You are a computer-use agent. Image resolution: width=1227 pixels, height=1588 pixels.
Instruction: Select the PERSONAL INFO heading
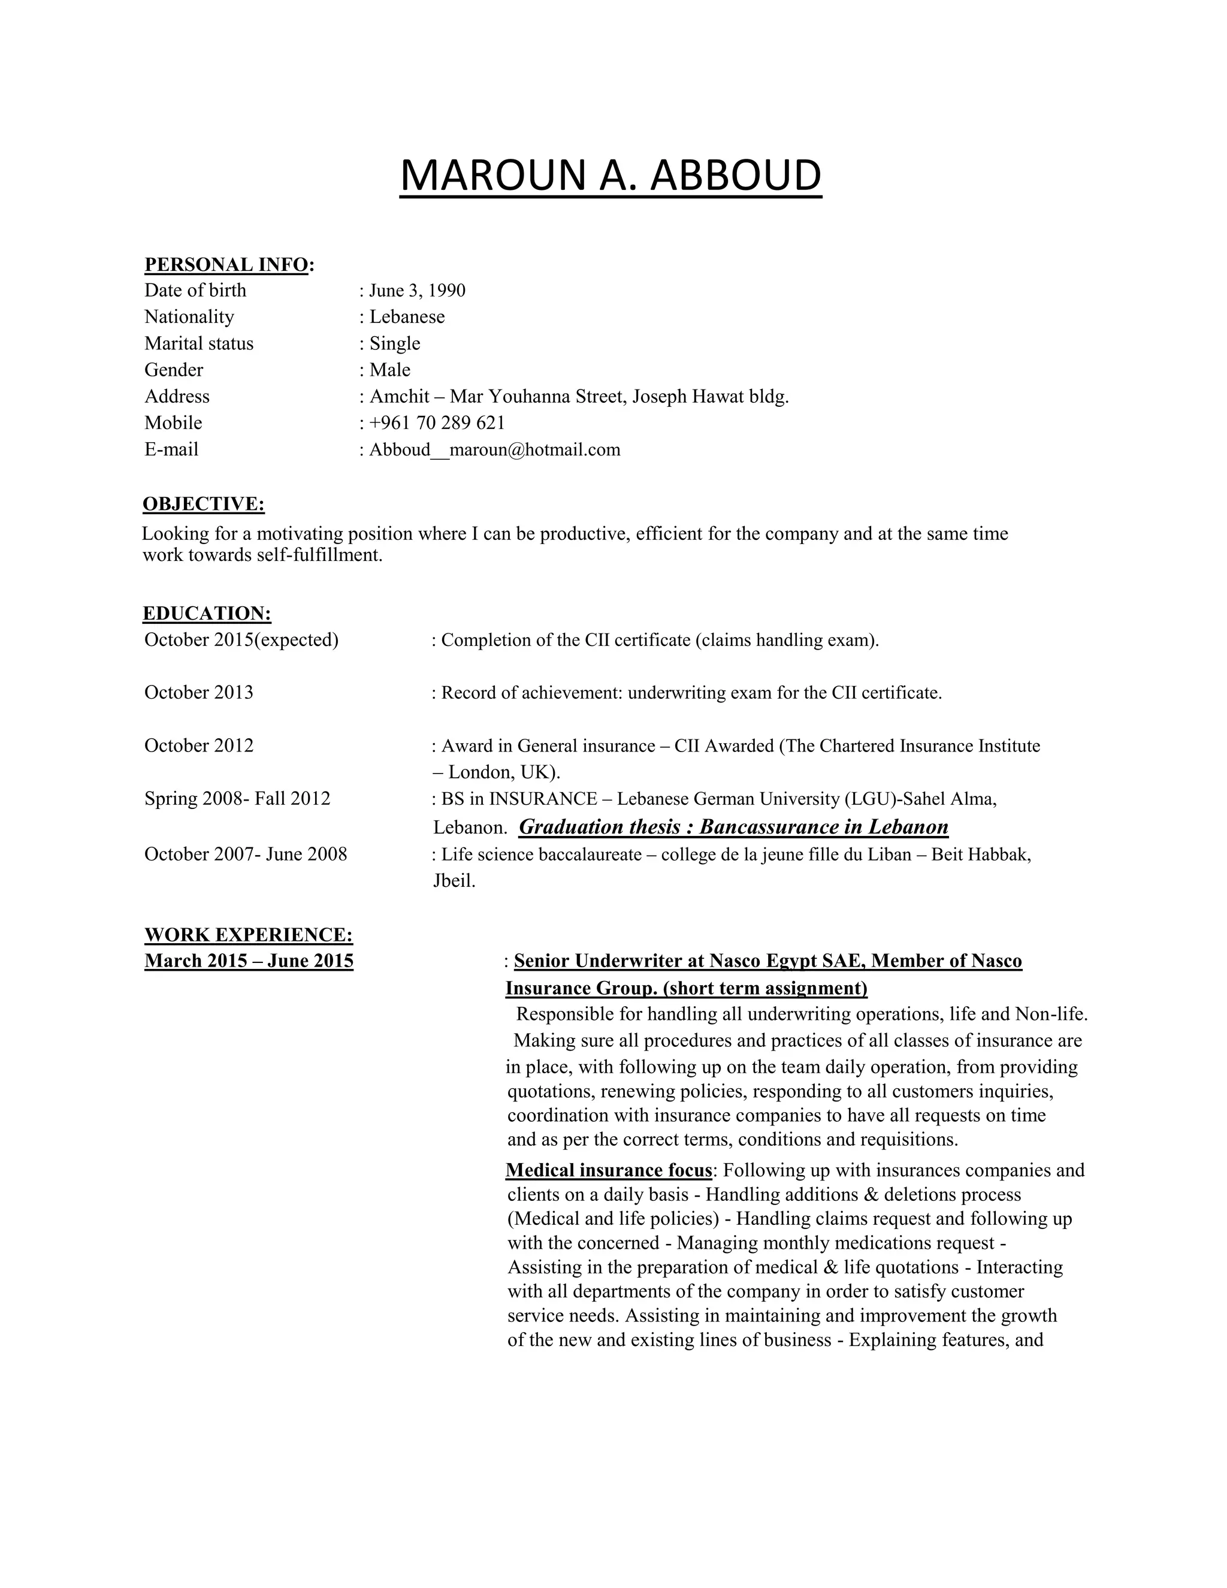click(226, 265)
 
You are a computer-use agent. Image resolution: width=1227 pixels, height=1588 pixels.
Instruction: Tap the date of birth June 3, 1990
click(417, 291)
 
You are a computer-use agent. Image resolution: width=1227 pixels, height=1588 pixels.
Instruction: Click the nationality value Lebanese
click(407, 317)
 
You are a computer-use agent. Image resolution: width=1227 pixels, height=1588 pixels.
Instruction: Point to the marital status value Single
click(395, 343)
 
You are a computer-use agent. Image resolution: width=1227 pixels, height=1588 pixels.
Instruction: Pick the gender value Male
click(389, 370)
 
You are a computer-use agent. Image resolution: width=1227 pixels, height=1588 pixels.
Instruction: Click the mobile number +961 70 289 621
click(437, 423)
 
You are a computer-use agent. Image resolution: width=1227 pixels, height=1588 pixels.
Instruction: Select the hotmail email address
click(495, 450)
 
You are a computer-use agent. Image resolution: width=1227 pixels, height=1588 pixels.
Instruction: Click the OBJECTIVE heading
click(204, 504)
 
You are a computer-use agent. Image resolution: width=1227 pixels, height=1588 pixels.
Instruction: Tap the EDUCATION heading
click(207, 614)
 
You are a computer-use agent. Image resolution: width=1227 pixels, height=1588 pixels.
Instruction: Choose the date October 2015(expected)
click(241, 641)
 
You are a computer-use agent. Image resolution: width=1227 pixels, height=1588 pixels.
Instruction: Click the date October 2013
click(199, 693)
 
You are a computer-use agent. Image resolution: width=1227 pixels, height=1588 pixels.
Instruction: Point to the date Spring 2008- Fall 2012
click(238, 799)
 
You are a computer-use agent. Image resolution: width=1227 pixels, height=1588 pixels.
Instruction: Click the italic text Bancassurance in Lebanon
click(824, 828)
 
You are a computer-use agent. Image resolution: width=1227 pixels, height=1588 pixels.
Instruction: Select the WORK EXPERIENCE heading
click(249, 935)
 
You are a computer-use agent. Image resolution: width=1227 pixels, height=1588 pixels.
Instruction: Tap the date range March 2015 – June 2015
click(249, 961)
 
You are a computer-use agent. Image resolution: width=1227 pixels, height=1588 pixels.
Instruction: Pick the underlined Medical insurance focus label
click(609, 1171)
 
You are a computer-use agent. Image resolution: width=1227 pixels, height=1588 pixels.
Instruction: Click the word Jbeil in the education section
click(454, 881)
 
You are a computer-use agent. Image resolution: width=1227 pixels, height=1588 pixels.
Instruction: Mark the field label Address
click(177, 397)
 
